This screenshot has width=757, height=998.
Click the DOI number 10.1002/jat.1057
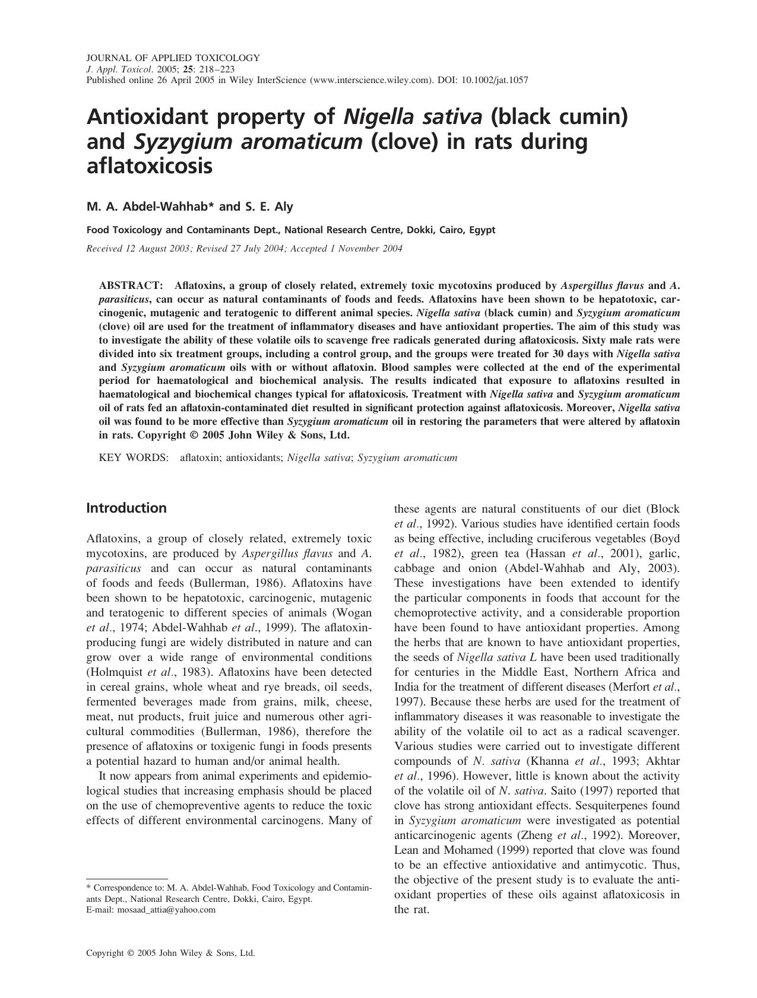tap(495, 80)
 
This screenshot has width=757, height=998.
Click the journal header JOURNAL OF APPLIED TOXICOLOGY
tap(173, 58)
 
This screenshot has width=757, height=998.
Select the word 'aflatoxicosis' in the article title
tap(149, 167)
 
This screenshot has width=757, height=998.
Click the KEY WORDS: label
tap(134, 457)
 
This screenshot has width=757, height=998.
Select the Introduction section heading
tap(126, 508)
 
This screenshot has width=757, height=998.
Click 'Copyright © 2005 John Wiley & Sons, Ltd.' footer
tap(171, 953)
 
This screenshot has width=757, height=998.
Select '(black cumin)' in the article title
tap(559, 116)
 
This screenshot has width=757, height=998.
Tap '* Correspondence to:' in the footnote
tap(125, 888)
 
